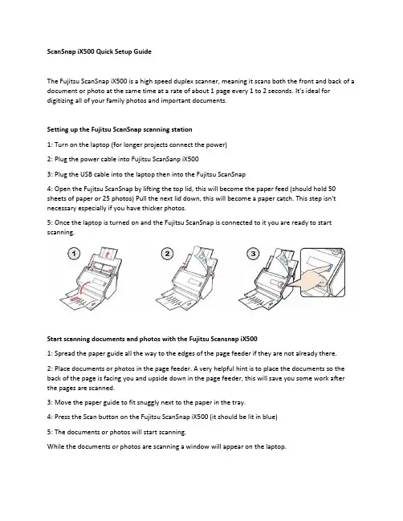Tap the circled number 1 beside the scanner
tap(74, 254)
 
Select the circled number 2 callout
tap(167, 254)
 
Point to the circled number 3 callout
tap(253, 254)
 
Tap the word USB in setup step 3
tap(86, 174)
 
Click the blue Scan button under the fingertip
tap(330, 268)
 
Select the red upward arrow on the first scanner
tap(107, 254)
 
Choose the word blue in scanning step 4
tap(270, 417)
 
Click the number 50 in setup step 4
tap(332, 189)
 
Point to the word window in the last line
tap(197, 446)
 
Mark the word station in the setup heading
tap(181, 129)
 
